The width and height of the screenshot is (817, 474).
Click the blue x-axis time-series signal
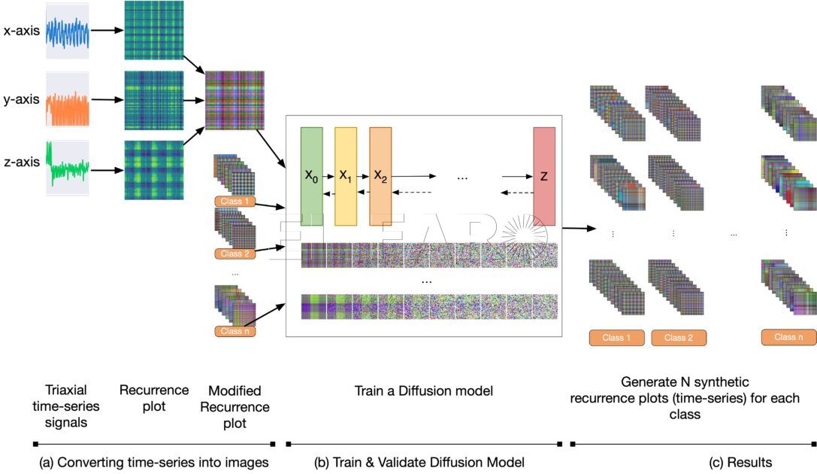click(x=68, y=32)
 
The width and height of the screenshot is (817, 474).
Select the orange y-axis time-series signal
click(x=68, y=99)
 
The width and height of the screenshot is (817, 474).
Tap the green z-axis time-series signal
click(x=68, y=168)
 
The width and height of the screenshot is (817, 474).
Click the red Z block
click(x=543, y=176)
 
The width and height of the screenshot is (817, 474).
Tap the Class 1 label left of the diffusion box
click(x=235, y=202)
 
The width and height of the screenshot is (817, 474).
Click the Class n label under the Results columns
click(x=788, y=337)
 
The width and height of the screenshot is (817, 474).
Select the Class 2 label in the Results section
click(x=679, y=338)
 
